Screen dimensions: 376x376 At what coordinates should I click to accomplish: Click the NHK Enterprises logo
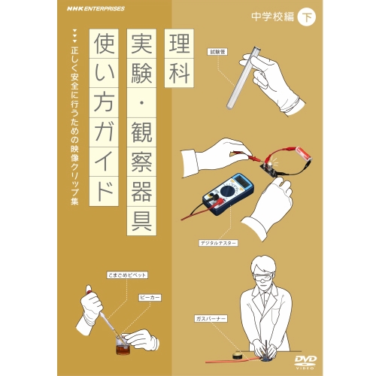[x=96, y=9]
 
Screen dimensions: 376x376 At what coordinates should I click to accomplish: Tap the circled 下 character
[x=307, y=17]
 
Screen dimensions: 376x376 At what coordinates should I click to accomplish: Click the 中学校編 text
[x=273, y=17]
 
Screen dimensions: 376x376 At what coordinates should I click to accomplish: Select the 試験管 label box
[x=217, y=52]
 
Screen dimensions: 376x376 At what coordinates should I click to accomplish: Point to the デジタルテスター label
[x=218, y=243]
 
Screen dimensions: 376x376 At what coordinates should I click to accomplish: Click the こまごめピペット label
[x=127, y=275]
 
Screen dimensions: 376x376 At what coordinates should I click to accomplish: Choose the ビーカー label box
[x=150, y=298]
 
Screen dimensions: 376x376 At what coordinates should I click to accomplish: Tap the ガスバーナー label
[x=211, y=319]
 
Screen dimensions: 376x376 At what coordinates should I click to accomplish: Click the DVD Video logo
[x=305, y=362]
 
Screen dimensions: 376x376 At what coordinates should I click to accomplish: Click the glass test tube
[x=242, y=77]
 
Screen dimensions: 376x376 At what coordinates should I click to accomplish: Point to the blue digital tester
[x=228, y=193]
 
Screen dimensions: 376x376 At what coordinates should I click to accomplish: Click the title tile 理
[x=179, y=44]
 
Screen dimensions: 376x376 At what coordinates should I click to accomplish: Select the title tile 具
[x=141, y=220]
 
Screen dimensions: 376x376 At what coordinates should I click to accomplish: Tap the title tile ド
[x=104, y=191]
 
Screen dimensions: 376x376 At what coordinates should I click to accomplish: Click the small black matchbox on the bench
[x=237, y=356]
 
